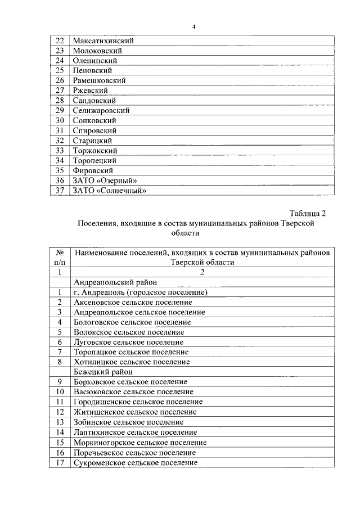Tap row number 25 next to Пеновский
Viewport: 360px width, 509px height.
tap(60, 70)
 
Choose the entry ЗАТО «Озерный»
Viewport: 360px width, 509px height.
tap(105, 181)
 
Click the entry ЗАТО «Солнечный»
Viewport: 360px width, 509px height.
tap(110, 191)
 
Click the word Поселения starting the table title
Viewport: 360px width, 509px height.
tap(97, 223)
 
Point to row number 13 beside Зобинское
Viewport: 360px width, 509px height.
tap(60, 422)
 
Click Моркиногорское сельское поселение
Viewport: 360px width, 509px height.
tap(140, 442)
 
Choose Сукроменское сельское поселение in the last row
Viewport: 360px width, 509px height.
tap(136, 462)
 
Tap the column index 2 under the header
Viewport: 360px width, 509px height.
tap(201, 272)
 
